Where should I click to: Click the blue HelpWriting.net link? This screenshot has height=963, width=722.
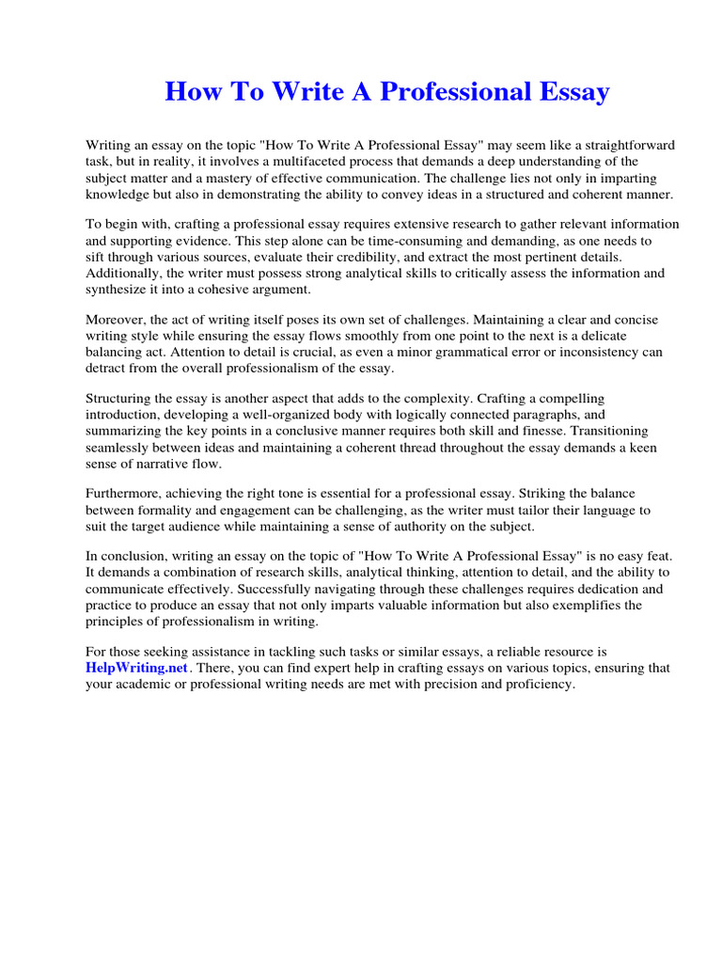[138, 668]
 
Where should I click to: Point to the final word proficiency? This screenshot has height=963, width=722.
[533, 684]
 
